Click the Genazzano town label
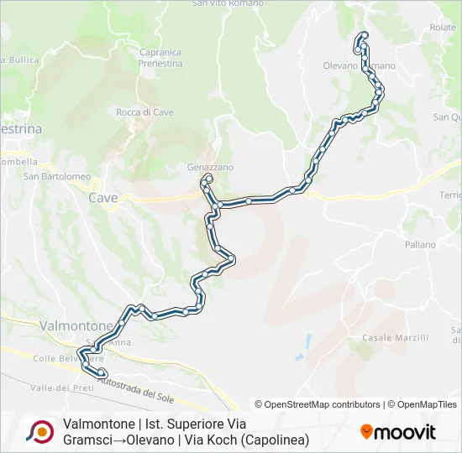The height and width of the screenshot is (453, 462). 210,167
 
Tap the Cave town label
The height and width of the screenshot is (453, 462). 102,198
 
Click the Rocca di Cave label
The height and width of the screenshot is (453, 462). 144,112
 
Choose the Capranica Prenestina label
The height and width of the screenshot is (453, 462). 160,58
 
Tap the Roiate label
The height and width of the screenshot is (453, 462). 443,28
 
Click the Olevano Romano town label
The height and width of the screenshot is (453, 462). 359,65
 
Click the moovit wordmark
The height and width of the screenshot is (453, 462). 406,433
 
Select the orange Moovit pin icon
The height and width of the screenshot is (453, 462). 366,432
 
